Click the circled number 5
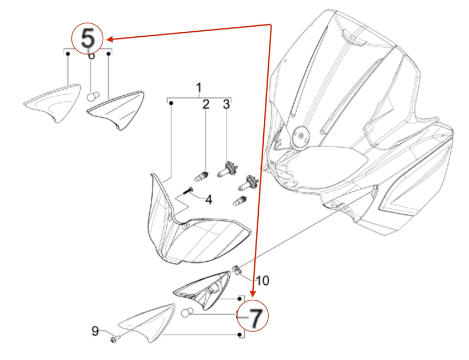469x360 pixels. pyautogui.click(x=88, y=39)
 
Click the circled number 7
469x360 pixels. pyautogui.click(x=253, y=318)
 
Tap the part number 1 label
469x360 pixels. pyautogui.click(x=199, y=87)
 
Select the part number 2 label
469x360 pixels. pyautogui.click(x=205, y=104)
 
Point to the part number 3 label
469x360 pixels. pyautogui.click(x=226, y=104)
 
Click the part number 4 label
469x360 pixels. pyautogui.click(x=208, y=199)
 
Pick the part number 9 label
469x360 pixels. pyautogui.click(x=95, y=332)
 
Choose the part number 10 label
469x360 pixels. pyautogui.click(x=262, y=280)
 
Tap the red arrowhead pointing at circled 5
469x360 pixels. pyautogui.click(x=110, y=39)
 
